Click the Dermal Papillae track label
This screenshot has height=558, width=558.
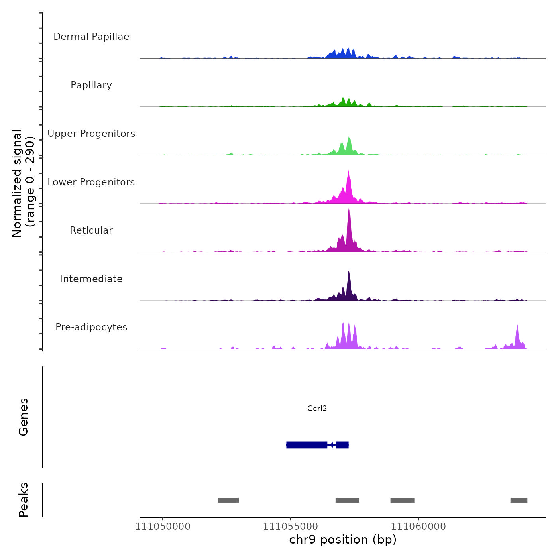tap(91, 37)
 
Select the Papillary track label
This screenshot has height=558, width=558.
tap(91, 85)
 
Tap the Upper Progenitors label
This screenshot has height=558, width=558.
tap(91, 134)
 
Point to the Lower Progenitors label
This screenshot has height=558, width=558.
tap(91, 182)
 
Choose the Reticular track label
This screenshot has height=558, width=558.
tap(91, 230)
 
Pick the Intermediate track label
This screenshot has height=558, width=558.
tap(91, 279)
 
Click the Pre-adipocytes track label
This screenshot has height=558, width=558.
tap(91, 327)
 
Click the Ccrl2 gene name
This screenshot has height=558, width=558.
tap(317, 408)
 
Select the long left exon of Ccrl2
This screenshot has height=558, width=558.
tap(307, 445)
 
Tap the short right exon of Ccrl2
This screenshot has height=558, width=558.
tap(342, 445)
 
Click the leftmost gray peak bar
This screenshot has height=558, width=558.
tap(228, 500)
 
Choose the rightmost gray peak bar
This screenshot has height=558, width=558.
tap(519, 500)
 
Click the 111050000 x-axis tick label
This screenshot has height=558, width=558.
tap(163, 526)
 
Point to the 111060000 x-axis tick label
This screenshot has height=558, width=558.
tap(418, 526)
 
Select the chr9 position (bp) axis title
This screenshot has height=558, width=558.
tap(343, 540)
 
